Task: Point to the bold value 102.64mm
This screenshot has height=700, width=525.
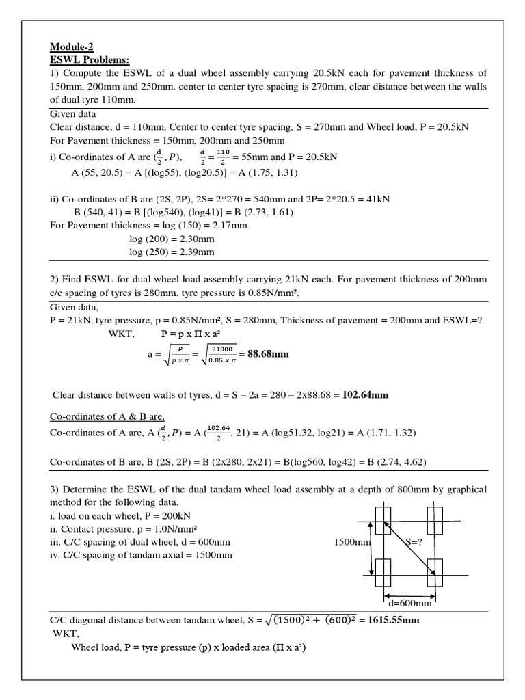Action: click(366, 395)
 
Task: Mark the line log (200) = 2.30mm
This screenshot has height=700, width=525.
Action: click(172, 239)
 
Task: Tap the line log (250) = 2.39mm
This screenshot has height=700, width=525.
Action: click(172, 252)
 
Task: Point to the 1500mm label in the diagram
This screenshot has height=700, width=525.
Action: click(351, 541)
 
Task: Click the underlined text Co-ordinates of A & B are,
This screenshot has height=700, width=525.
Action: click(107, 417)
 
